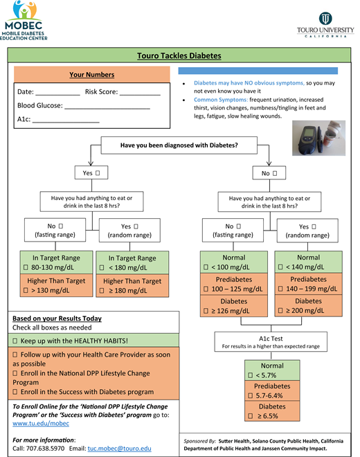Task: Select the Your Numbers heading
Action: click(x=92, y=75)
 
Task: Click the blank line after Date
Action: click(x=57, y=92)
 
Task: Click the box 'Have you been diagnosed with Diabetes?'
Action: click(x=179, y=145)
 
